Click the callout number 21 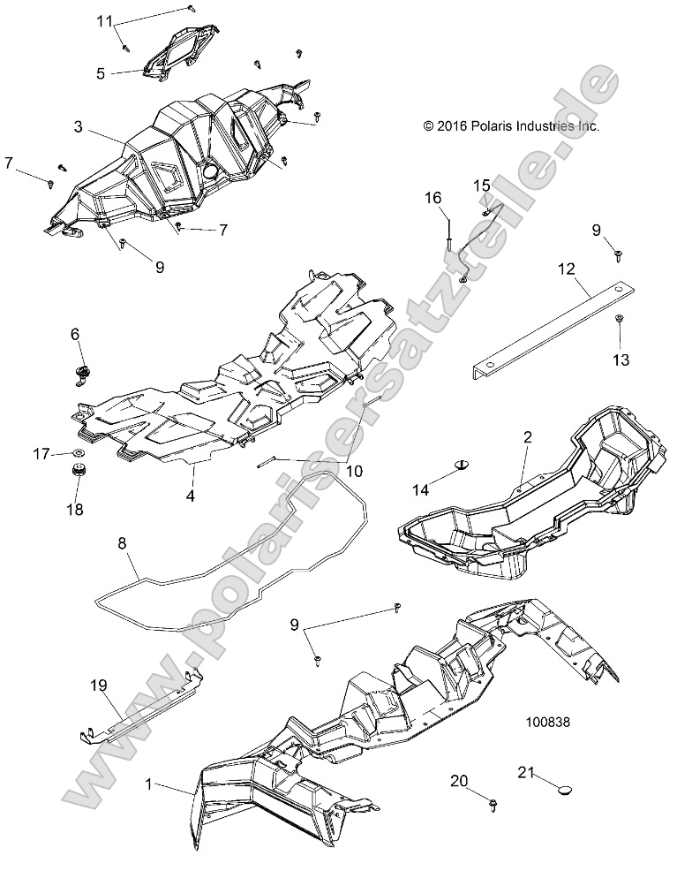(x=526, y=772)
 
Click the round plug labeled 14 (x=463, y=463)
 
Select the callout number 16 (x=456, y=200)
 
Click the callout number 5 (x=101, y=73)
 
